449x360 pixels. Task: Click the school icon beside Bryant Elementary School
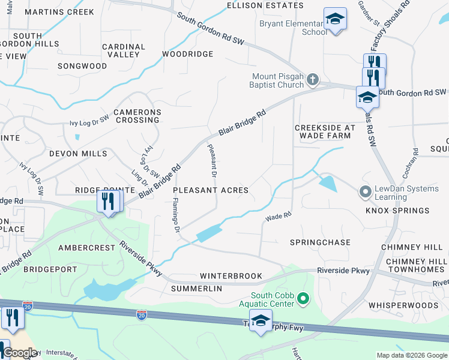(335, 20)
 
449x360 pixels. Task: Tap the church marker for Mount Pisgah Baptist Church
(312, 79)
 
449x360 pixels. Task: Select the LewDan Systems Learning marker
(364, 193)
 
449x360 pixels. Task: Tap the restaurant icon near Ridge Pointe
(108, 201)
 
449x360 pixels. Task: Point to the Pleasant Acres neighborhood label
(211, 190)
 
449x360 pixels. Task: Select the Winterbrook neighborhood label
(231, 276)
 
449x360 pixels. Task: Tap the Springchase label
(320, 242)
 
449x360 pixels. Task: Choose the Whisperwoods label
(403, 305)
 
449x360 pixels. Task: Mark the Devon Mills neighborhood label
(78, 154)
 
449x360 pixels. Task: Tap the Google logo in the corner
(20, 353)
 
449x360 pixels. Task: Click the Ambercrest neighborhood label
(86, 247)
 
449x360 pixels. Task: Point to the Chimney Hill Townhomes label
(417, 266)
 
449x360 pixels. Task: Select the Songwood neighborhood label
(82, 66)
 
